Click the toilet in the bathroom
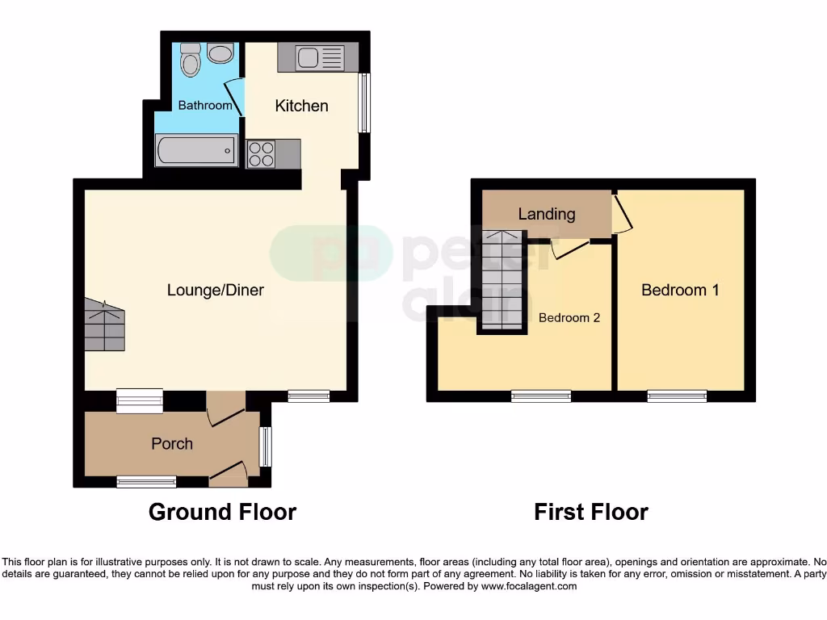(191, 61)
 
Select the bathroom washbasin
(219, 53)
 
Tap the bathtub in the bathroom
(195, 150)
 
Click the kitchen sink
(311, 57)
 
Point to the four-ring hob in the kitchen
(261, 153)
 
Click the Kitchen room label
(301, 106)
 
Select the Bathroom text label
(205, 105)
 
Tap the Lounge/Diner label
(215, 290)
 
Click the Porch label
(172, 443)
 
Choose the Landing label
(547, 214)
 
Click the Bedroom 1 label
(680, 290)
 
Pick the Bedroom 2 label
(569, 317)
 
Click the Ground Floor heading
(222, 512)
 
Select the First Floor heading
(591, 512)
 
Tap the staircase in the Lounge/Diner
(104, 325)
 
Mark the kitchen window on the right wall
(365, 103)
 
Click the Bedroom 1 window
(677, 396)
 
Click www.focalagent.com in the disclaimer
(528, 586)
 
